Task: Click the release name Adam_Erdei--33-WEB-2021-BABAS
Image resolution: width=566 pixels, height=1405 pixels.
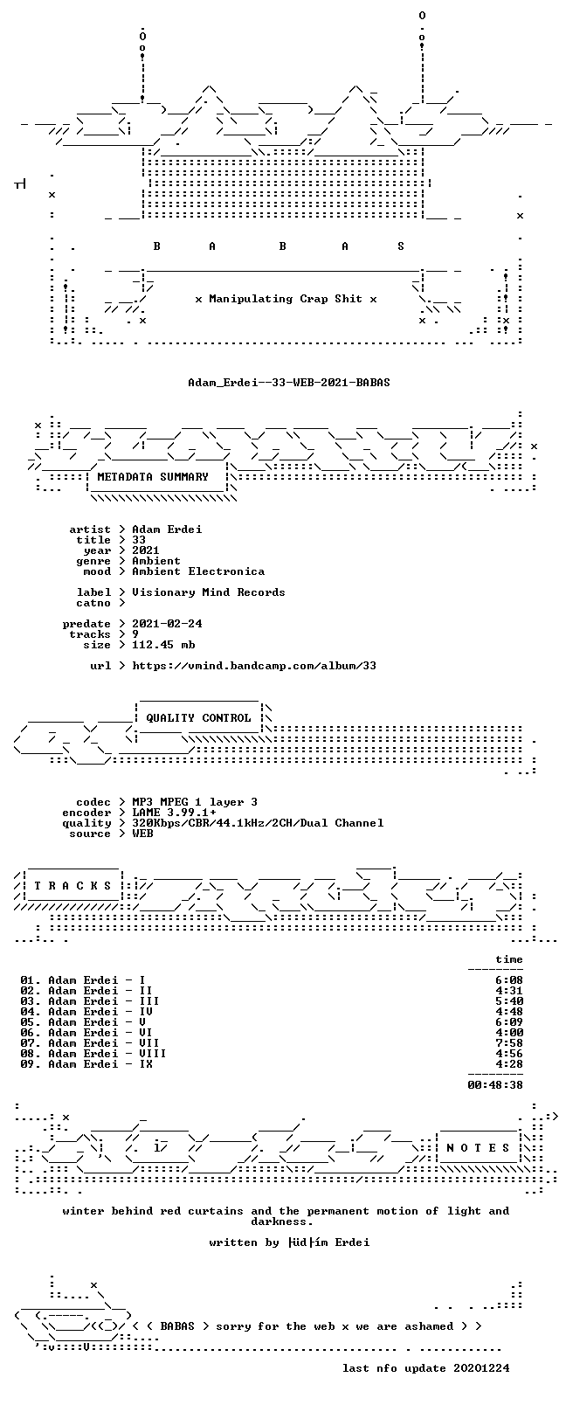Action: coord(289,382)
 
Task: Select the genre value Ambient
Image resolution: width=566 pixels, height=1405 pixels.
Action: coord(156,561)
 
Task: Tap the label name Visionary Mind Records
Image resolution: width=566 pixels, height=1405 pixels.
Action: coord(208,592)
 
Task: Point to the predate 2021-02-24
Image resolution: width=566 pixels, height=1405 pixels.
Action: coord(167,624)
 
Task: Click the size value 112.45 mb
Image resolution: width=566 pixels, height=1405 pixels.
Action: coord(163,645)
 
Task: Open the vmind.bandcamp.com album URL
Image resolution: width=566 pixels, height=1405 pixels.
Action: coord(254,666)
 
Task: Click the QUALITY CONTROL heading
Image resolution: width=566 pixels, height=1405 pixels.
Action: coord(198,717)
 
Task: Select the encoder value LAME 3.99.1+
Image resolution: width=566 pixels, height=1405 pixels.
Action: coord(174,813)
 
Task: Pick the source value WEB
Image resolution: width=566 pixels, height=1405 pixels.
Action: coord(142,833)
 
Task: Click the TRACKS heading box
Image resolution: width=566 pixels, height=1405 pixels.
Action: coord(72,886)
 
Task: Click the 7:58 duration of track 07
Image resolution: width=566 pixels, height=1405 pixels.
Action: coord(509,1043)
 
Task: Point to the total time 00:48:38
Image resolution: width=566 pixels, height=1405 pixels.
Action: coord(495,1084)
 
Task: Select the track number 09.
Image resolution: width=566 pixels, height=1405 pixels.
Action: coord(27,1063)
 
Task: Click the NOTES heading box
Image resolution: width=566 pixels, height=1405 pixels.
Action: coord(479,1148)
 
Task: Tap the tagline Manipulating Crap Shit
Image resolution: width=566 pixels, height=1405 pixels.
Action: coord(286,299)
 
